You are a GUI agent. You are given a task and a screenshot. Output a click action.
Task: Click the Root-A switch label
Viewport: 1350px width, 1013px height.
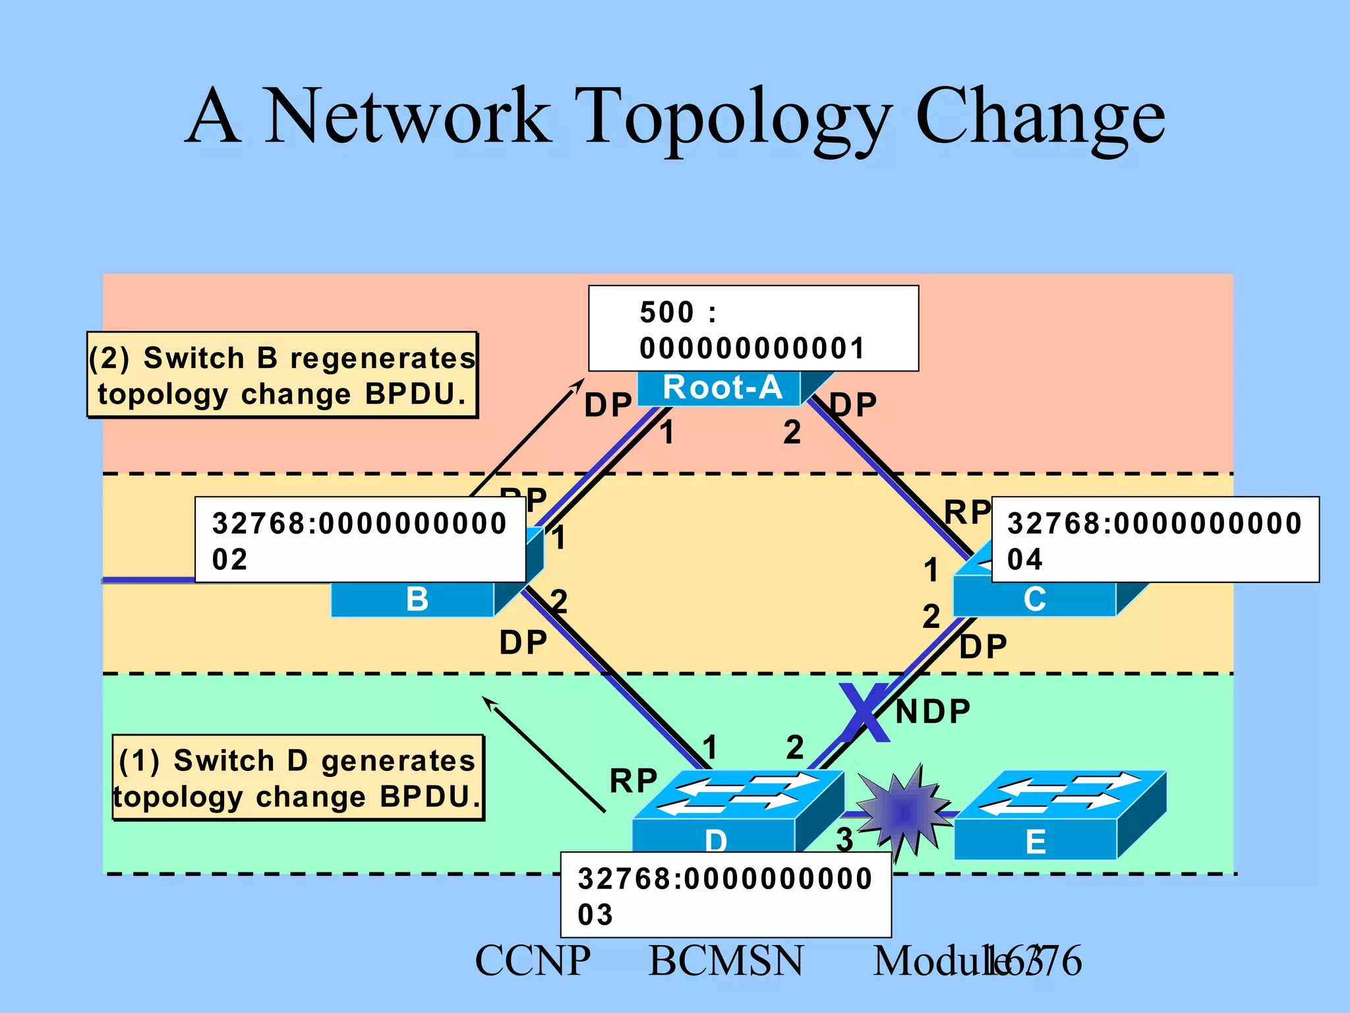(x=722, y=388)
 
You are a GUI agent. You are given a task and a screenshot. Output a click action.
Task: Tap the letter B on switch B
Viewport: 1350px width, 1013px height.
(x=417, y=599)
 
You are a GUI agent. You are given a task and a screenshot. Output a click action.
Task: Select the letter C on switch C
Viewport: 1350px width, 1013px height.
(x=1034, y=599)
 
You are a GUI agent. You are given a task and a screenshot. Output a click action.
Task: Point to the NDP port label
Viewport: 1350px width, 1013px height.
(x=933, y=712)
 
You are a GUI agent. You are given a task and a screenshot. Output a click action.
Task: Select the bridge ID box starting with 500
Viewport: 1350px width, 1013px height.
(x=753, y=328)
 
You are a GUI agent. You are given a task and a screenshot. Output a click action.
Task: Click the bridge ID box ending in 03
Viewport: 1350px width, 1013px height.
(x=725, y=895)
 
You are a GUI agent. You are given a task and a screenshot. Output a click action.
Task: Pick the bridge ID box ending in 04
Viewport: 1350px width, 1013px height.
(x=1155, y=539)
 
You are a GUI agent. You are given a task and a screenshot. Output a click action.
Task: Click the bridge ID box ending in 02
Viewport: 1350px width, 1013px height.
(x=360, y=539)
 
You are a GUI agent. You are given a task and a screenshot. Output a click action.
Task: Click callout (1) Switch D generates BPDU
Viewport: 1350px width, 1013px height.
(x=298, y=778)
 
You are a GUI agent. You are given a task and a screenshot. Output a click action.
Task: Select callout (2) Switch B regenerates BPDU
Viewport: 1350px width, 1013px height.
(x=282, y=375)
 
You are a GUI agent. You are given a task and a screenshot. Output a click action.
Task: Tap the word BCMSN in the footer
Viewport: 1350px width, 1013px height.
(x=726, y=961)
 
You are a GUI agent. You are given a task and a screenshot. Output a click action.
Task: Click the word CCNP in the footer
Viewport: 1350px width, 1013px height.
(x=533, y=961)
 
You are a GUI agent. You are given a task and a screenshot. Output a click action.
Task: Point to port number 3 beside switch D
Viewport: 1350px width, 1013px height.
(x=844, y=840)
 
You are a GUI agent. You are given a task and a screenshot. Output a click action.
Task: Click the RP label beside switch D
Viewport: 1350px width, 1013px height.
(x=633, y=782)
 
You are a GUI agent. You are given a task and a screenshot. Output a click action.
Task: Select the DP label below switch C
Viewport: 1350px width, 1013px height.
(x=983, y=647)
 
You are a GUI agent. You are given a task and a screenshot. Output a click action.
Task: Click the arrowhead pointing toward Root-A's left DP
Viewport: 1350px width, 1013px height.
(x=579, y=383)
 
